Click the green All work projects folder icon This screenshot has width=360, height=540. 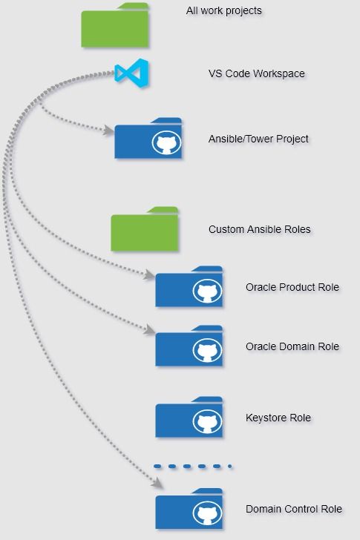115,25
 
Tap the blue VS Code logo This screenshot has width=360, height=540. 131,73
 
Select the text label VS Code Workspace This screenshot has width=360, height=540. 257,73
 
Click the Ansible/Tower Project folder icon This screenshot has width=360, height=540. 148,138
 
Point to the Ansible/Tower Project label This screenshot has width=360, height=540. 258,139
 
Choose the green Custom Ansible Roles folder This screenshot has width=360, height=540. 145,229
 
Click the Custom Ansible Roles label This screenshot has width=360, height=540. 259,229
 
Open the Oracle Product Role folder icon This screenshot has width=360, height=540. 189,286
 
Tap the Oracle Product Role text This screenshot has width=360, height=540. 292,287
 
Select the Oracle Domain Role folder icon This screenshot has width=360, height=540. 189,346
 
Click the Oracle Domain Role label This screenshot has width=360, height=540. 292,346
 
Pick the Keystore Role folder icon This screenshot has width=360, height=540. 189,417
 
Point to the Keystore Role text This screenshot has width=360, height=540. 278,418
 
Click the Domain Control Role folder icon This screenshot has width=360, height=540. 189,509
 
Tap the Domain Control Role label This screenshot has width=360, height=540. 293,509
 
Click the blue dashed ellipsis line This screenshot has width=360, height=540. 193,467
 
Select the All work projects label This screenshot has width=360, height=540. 224,10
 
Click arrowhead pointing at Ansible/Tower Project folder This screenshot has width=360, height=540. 109,131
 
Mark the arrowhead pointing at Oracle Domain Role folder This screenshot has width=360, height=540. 150,329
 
